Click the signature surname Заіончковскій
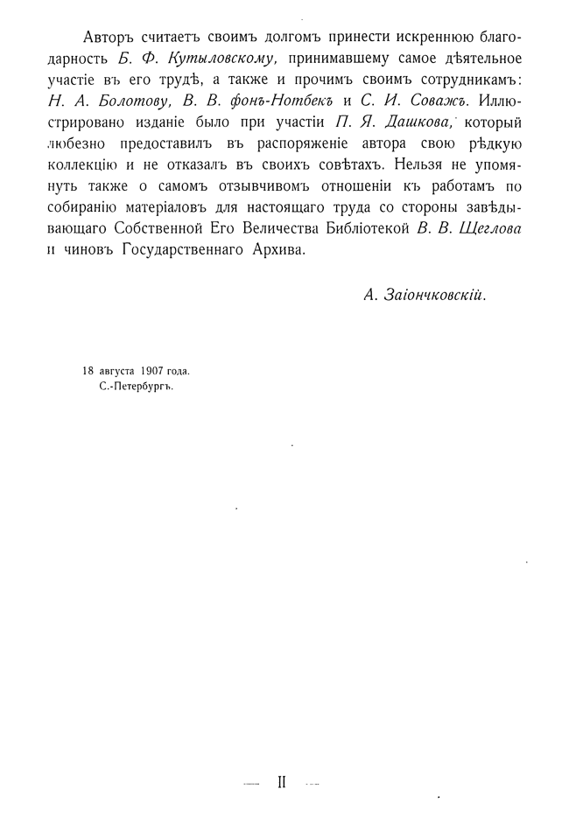[x=437, y=295]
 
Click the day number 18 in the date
[x=88, y=372]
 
